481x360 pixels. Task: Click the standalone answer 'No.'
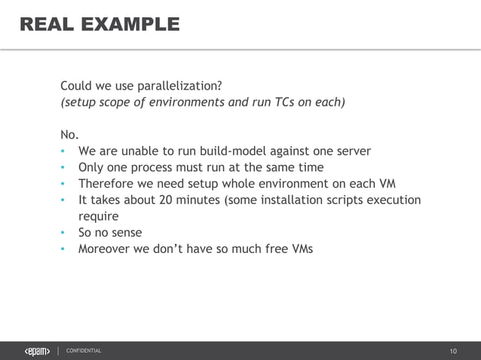(69, 135)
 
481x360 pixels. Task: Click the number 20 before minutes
(166, 200)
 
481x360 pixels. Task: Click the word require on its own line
(99, 216)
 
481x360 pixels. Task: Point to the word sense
(125, 233)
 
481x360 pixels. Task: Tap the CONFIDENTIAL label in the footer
(84, 351)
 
